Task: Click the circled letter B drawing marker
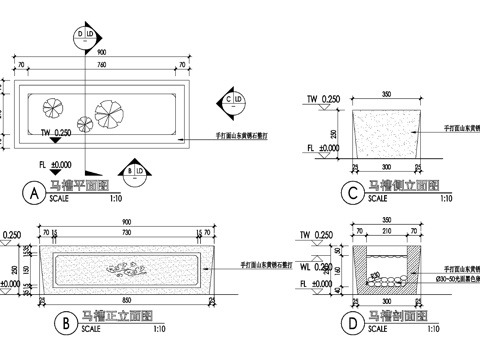coord(64,322)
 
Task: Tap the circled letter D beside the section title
coord(349,322)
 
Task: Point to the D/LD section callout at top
coord(84,37)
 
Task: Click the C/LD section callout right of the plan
coord(231,100)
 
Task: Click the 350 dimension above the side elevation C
coord(387,94)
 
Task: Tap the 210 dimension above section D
coord(386,231)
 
